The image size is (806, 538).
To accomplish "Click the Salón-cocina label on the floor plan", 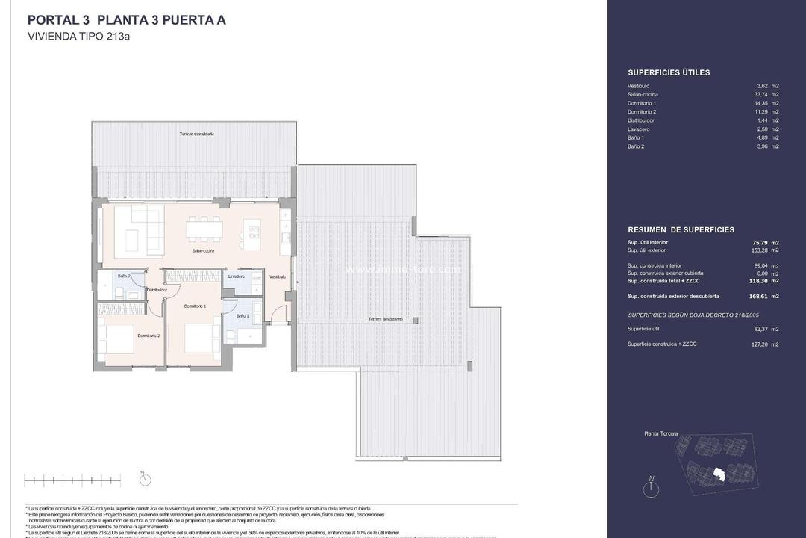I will [203, 251].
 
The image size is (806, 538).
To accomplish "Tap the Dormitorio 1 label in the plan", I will [195, 306].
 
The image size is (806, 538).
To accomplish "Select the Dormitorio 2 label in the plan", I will [149, 336].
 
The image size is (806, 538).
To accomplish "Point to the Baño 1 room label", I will [243, 316].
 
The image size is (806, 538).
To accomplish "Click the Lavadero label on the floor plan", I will [237, 276].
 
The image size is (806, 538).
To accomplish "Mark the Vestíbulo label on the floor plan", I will [278, 276].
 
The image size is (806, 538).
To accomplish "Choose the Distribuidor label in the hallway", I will [156, 289].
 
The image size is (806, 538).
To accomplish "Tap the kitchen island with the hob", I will [253, 233].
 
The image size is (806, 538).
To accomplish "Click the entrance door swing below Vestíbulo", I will [278, 314].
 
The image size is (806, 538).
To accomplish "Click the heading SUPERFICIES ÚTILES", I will [669, 72].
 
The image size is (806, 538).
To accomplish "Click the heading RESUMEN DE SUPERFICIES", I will [681, 230].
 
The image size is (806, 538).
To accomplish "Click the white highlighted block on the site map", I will [719, 474].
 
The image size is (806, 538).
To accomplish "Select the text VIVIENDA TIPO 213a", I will [78, 36].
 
